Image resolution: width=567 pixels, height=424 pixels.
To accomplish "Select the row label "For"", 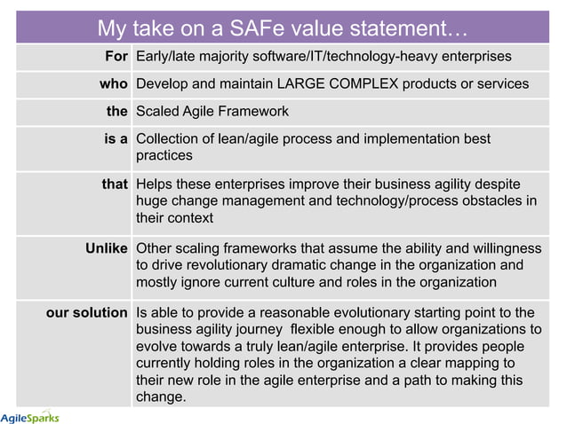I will pos(116,57).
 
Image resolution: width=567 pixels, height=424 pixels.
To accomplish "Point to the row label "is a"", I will pos(116,139).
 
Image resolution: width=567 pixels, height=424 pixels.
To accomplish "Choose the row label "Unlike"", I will pos(107,248).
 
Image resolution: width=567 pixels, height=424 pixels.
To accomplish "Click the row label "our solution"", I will pos(86,312).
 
